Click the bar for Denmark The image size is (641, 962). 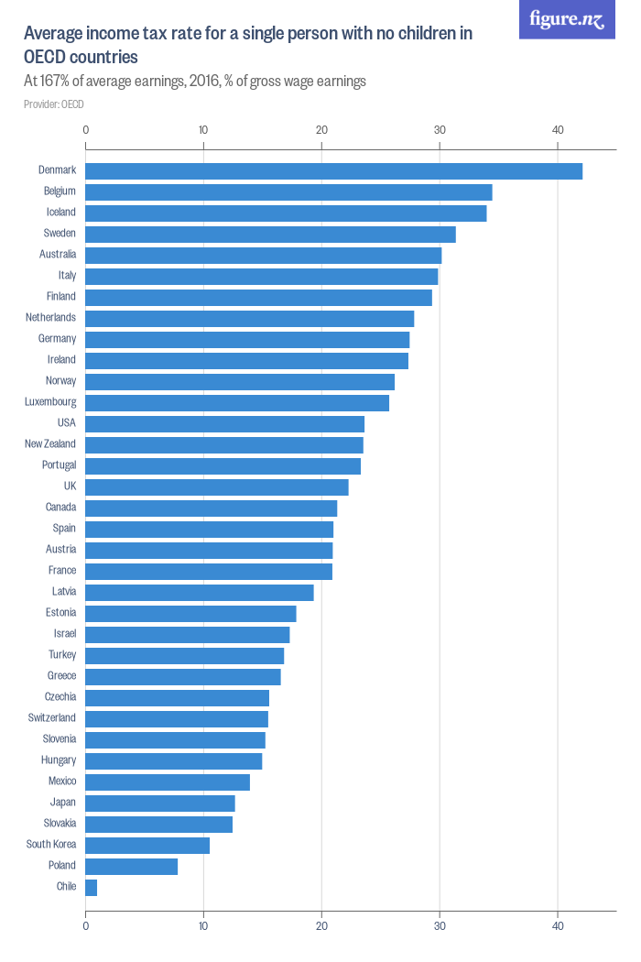coord(333,170)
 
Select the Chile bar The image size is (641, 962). coord(91,887)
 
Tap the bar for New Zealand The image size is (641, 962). coord(224,444)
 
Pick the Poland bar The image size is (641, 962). coord(131,866)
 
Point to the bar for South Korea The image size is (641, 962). coord(147,845)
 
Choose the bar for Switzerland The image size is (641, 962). coord(177,718)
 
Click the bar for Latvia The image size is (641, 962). coord(200,592)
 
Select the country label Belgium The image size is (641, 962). coord(60,191)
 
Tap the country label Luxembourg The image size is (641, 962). coord(50,402)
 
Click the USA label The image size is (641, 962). coord(66,423)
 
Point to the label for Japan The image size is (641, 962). coord(63,803)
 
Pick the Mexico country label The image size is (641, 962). coord(62,782)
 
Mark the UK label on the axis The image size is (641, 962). coord(70,486)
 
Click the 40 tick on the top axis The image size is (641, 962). coord(558,130)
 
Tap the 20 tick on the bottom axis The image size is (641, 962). coord(321,926)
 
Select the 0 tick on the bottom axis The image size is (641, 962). coord(85,926)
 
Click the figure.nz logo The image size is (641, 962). coord(567,20)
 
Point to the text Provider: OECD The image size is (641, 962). coord(54,104)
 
